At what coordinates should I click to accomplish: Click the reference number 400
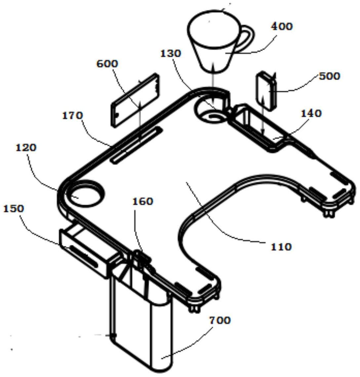coord(282,26)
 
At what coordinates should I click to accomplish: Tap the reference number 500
coord(330,76)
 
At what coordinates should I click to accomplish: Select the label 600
coord(107,64)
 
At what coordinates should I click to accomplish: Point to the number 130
coord(171,53)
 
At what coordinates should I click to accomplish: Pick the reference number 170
coord(72,116)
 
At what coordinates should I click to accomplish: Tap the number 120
coord(26,147)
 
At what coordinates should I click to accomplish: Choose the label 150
coord(14,209)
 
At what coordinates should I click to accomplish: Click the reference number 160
coord(143,201)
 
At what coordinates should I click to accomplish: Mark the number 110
coord(281,247)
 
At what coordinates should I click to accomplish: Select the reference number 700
coord(220,320)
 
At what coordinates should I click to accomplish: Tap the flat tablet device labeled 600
coord(136,100)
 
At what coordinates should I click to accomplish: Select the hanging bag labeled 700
coord(142,320)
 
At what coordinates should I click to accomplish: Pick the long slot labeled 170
coord(136,145)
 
